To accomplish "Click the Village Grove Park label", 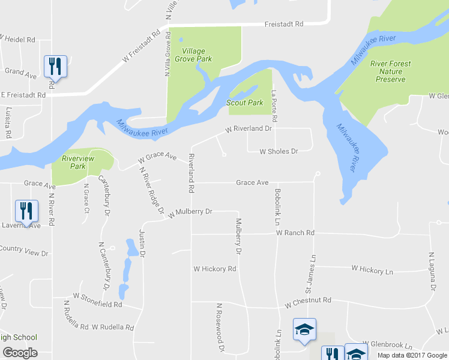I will [197, 55].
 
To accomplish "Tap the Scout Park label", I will [245, 103].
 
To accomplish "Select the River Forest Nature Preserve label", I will [390, 71].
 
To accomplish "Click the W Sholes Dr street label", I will [279, 152].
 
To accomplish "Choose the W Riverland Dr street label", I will [249, 128].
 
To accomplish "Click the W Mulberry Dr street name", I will [190, 212].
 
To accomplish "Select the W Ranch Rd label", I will [295, 233].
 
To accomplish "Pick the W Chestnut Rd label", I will [308, 300].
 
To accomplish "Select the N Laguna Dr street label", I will [431, 272].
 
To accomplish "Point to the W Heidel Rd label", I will [17, 39].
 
